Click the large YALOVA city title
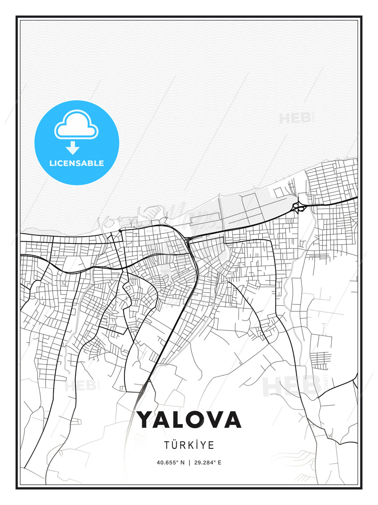[x=189, y=419]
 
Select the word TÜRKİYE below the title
[x=189, y=445]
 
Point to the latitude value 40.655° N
[x=170, y=463]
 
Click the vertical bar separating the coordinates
[x=189, y=463]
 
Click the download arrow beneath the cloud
[x=73, y=148]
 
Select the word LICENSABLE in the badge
[x=77, y=163]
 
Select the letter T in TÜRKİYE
[x=167, y=445]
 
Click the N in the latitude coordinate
[x=182, y=463]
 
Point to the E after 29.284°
[x=219, y=463]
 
